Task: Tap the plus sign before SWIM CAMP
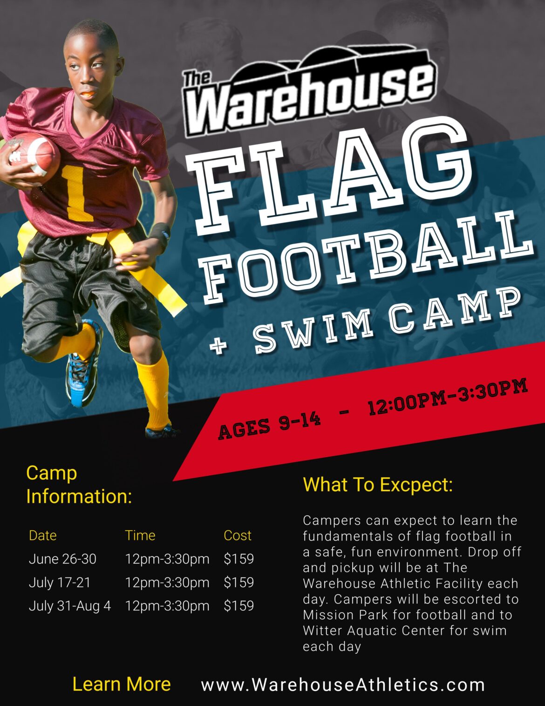[x=218, y=345]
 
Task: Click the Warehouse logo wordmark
[x=310, y=96]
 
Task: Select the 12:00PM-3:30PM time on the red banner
[x=447, y=397]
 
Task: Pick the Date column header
[x=42, y=535]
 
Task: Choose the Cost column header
[x=237, y=535]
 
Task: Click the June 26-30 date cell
[x=62, y=559]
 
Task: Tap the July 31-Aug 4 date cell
[x=70, y=606]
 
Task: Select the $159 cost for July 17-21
[x=238, y=583]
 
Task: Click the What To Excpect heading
[x=378, y=485]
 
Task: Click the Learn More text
[x=122, y=684]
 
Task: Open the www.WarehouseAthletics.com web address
[x=343, y=685]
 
